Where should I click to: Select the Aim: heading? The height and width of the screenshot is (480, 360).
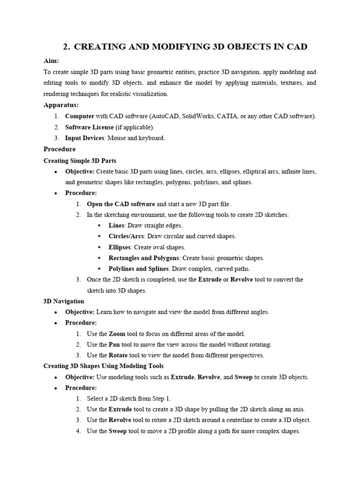coord(51,61)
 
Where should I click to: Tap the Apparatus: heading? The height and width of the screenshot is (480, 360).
coord(61,105)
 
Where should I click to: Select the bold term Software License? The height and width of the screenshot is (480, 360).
coord(89,127)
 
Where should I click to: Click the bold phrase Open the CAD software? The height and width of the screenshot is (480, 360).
coord(121,204)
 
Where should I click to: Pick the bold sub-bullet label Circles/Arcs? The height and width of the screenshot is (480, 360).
coord(127,236)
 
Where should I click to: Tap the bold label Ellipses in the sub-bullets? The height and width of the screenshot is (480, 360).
coord(120,247)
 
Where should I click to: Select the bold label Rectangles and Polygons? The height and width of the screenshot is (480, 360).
coord(143,258)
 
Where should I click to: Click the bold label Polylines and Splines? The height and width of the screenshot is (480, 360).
coord(138,269)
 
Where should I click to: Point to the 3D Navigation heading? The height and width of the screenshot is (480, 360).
coord(64,301)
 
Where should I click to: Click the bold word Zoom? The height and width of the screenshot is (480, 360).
coord(117,334)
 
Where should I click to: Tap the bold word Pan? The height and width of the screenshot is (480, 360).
coord(115,345)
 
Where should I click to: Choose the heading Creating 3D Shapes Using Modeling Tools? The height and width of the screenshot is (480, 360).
coord(104,366)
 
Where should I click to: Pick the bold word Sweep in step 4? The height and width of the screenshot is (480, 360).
coord(118,431)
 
